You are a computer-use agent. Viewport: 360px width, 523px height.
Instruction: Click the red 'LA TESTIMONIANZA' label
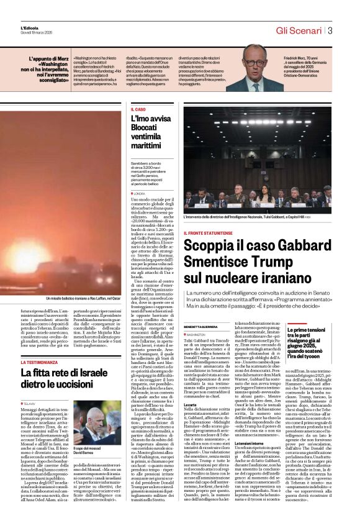(x=41, y=362)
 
